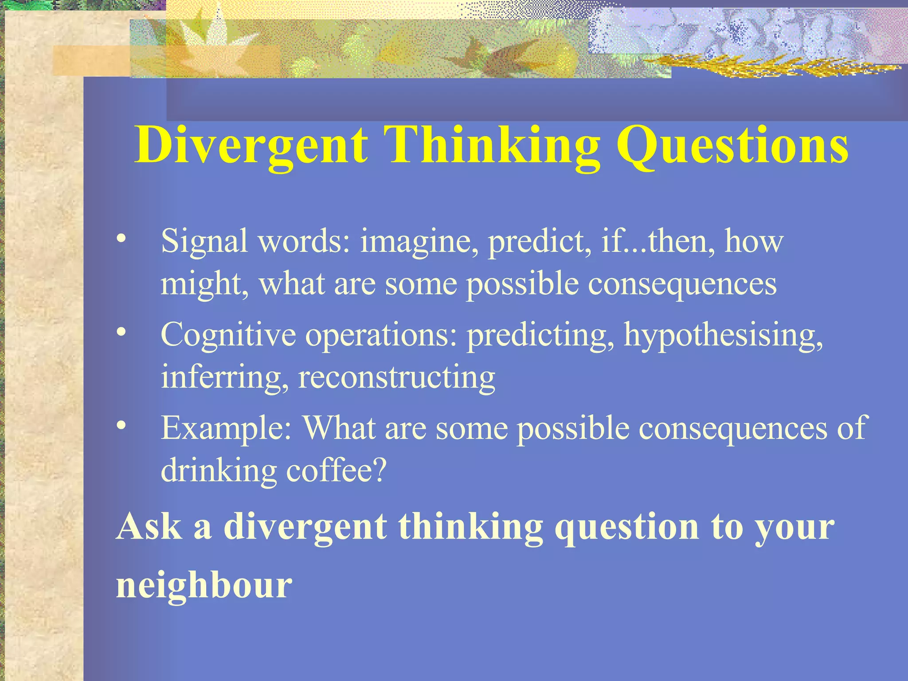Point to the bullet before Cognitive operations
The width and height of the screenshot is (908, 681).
121,333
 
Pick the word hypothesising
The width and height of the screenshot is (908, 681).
723,336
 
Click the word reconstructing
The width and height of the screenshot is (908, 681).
396,378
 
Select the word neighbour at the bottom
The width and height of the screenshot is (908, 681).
204,585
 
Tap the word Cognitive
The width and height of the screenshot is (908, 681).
228,336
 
